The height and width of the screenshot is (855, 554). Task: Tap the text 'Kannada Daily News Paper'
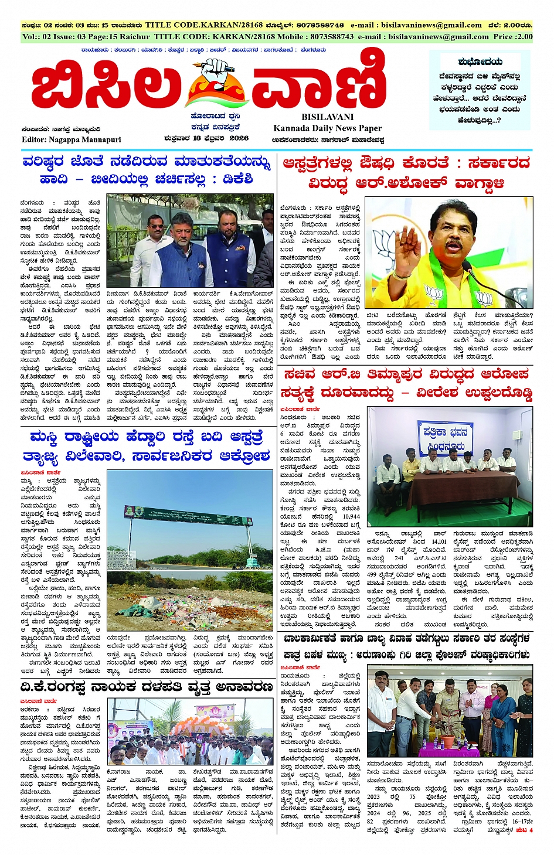coord(327,128)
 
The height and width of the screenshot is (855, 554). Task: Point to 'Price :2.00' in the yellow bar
coord(512,36)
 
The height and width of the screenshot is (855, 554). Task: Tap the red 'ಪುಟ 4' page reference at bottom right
coord(525,830)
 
